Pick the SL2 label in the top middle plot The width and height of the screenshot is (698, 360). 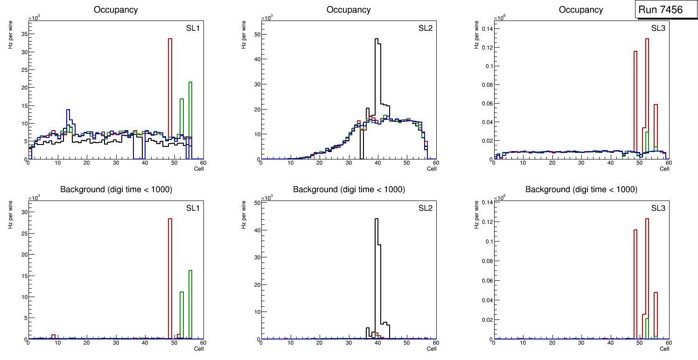pyautogui.click(x=426, y=28)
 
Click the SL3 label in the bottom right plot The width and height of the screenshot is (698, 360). pyautogui.click(x=658, y=208)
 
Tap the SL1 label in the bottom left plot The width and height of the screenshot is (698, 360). pyautogui.click(x=193, y=208)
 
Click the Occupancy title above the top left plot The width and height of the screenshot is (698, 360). pyautogui.click(x=116, y=10)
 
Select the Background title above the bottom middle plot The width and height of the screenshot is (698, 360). pyautogui.click(x=349, y=189)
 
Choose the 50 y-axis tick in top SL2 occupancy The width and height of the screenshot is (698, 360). pyautogui.click(x=256, y=34)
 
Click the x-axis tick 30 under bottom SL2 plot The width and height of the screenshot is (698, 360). pyautogui.click(x=348, y=343)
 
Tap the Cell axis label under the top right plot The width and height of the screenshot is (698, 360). pyautogui.click(x=664, y=169)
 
